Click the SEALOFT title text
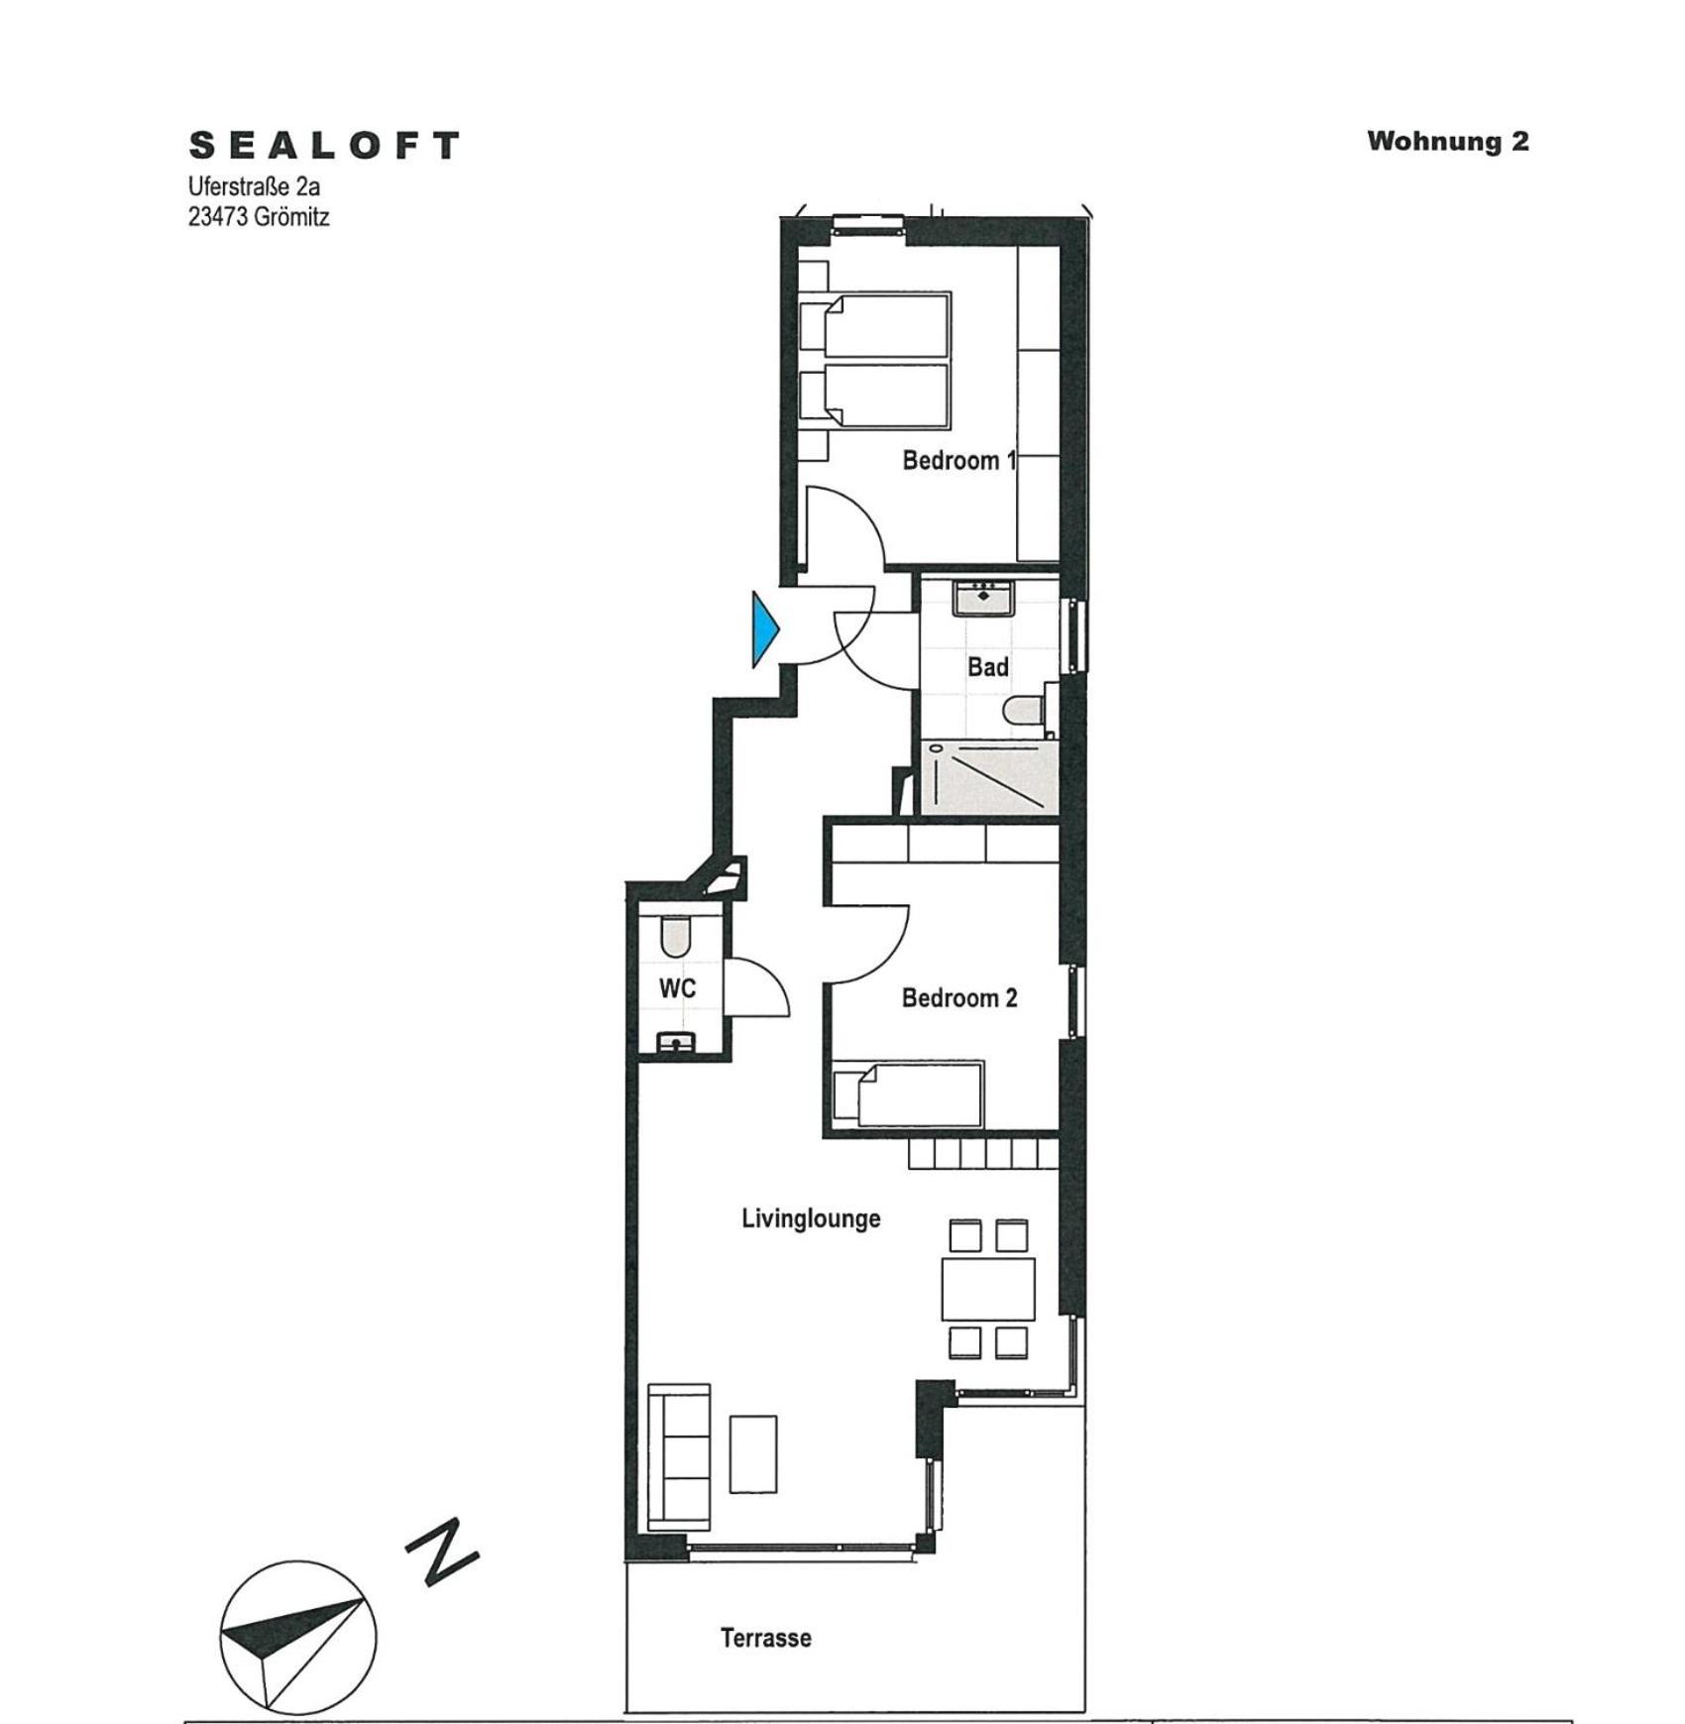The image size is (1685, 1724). (x=324, y=146)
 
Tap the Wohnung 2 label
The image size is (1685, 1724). (x=1448, y=141)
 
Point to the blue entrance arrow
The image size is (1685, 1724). (x=766, y=630)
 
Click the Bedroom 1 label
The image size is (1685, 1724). (x=959, y=460)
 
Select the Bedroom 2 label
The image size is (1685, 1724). (x=959, y=997)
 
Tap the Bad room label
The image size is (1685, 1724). (x=988, y=667)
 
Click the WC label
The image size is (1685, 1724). (x=678, y=988)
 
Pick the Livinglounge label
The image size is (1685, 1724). (x=811, y=1218)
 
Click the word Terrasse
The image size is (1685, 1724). (x=766, y=1638)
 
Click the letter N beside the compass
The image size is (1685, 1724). (x=443, y=1552)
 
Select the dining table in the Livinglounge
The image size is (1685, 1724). (x=988, y=1290)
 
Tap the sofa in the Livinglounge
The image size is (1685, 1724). (x=679, y=1456)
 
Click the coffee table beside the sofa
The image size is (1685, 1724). (x=753, y=1454)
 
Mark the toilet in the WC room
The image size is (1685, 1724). (x=676, y=937)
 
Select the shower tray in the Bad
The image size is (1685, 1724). (x=988, y=777)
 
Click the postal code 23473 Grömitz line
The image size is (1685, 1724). (x=259, y=217)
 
